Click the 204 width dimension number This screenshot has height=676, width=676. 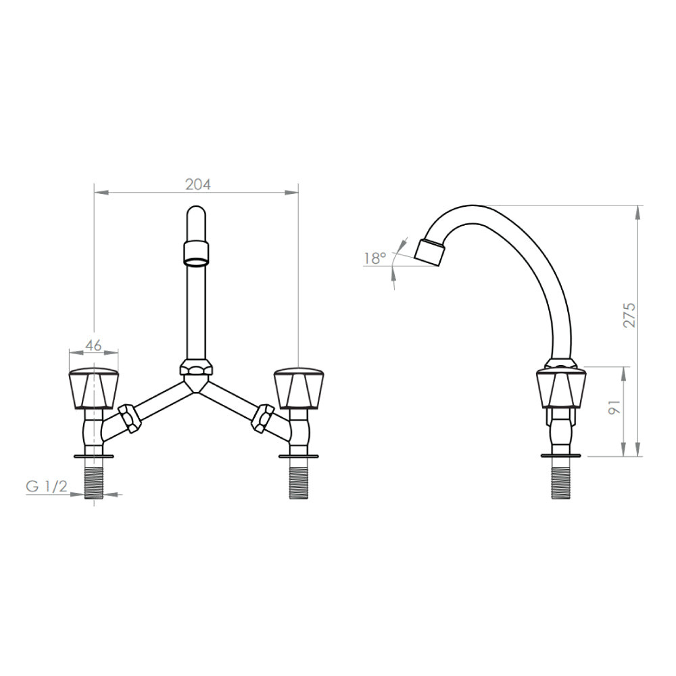pos(198,185)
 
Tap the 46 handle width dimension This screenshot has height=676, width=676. pos(93,345)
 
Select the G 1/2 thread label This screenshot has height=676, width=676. pos(47,486)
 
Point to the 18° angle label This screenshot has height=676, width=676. pos(375,258)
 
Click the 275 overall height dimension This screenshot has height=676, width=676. pos(630,315)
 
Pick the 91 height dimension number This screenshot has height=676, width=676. pos(614,408)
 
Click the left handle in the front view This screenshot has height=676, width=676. pos(93,388)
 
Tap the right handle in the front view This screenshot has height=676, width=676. pos(299,388)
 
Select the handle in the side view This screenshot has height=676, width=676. pos(561,387)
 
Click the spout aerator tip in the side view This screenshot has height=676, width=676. pos(429,251)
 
